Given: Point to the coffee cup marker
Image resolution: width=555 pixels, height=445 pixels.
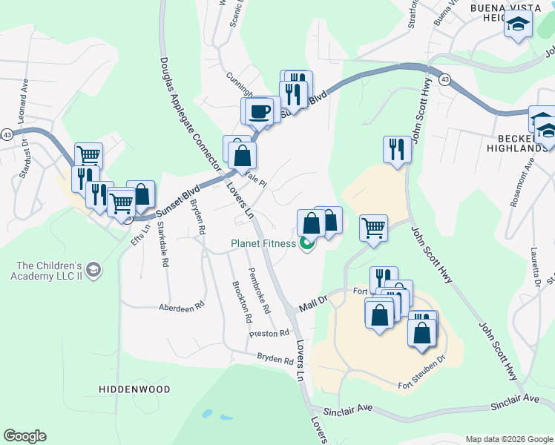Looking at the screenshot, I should point(260,112).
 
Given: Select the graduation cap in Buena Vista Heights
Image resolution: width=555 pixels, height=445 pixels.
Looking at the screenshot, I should point(518,26).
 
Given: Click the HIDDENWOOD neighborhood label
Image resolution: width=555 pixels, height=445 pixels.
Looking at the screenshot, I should point(135,389).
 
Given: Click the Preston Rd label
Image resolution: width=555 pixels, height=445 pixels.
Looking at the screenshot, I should point(269,334).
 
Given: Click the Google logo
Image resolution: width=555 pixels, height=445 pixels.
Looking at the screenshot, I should point(24,436).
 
